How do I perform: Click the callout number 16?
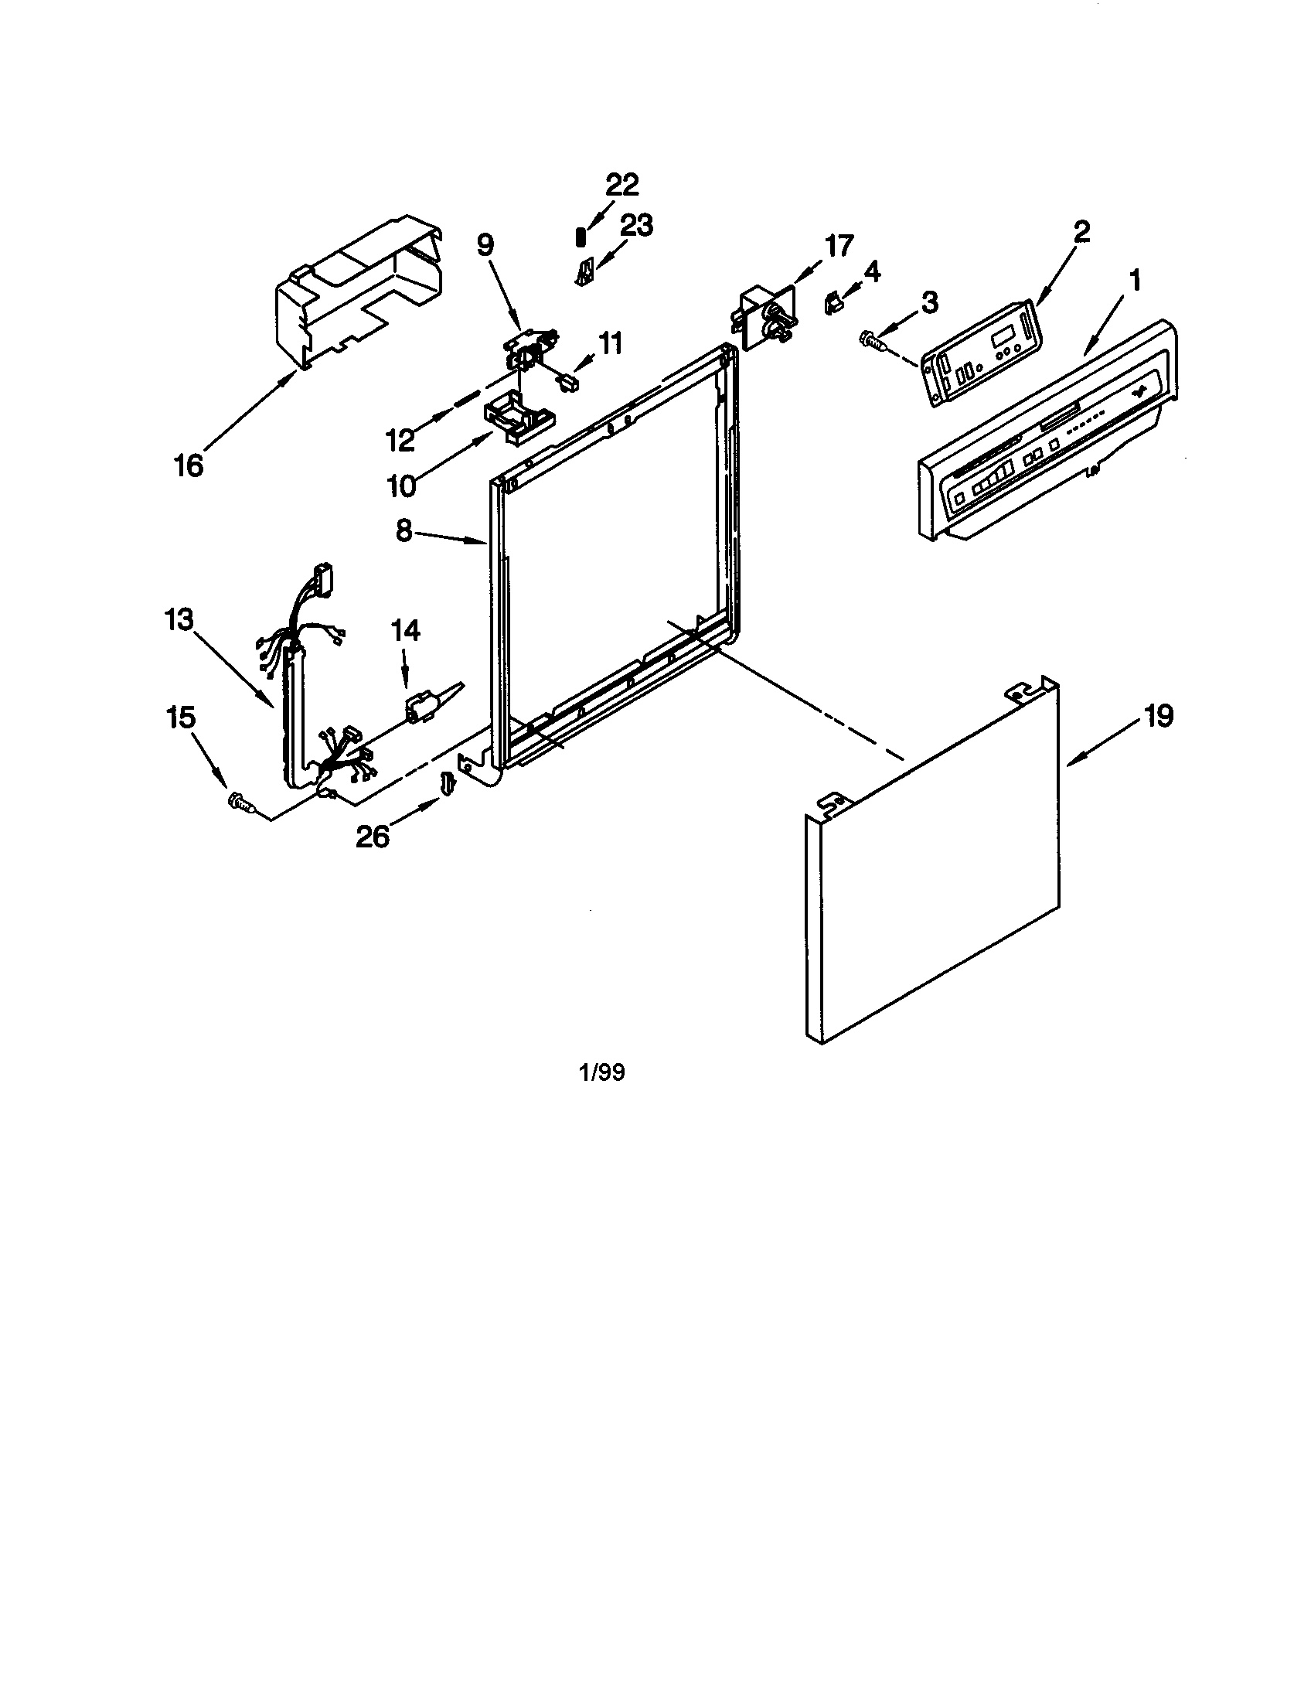point(189,465)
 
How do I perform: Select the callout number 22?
point(622,185)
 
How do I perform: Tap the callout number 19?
point(1159,716)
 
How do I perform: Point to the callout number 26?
point(373,837)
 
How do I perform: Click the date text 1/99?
point(602,1072)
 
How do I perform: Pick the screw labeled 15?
point(240,802)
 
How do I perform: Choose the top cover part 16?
point(358,296)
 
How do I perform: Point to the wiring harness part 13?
point(296,701)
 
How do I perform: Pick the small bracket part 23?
point(584,273)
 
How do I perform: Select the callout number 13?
point(179,621)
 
